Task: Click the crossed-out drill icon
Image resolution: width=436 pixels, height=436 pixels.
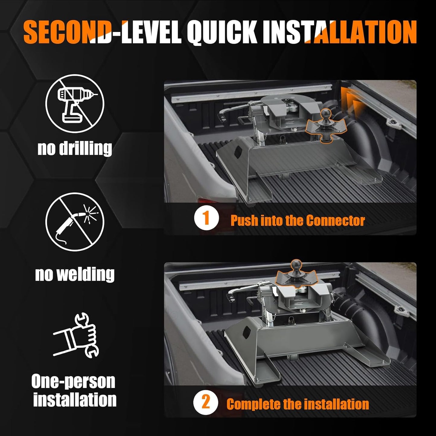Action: coord(75,103)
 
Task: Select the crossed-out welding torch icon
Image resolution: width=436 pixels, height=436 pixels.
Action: coord(75,222)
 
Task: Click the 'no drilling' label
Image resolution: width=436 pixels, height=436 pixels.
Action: coord(75,148)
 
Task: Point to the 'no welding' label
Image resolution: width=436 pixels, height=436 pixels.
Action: coord(75,274)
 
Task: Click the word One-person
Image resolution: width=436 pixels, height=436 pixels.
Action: coord(73,381)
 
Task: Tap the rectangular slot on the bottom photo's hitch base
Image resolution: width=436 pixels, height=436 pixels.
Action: coord(246,333)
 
